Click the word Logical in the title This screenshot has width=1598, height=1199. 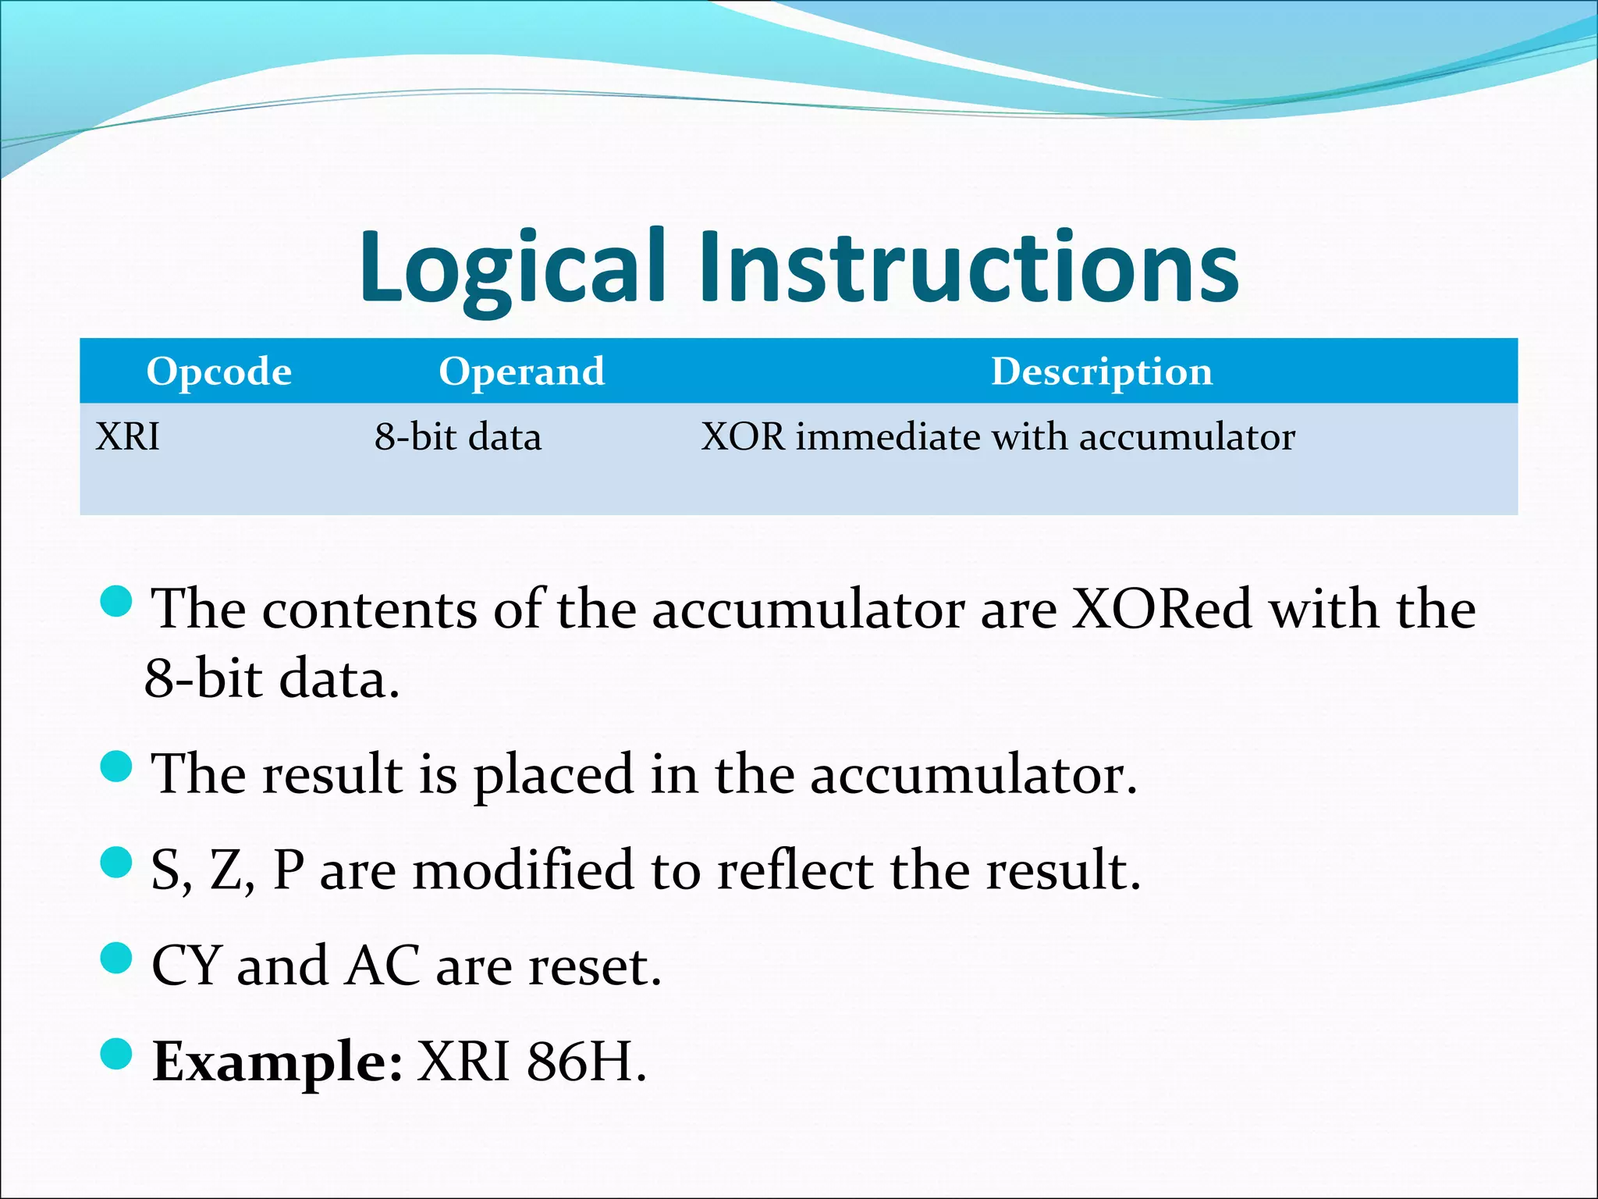click(x=511, y=268)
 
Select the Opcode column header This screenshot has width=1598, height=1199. click(x=218, y=372)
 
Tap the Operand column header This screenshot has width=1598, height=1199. click(x=521, y=372)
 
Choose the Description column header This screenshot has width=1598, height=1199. click(x=1101, y=372)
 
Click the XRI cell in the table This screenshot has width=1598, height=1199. click(x=127, y=436)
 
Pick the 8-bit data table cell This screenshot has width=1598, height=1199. click(x=457, y=436)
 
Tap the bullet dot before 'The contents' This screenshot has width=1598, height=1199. click(x=117, y=601)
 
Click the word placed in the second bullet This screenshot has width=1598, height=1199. click(x=553, y=774)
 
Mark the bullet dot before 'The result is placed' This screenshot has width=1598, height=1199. click(x=117, y=767)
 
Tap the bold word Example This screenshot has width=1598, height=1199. click(x=277, y=1063)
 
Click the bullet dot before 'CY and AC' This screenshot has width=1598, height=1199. click(x=117, y=959)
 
